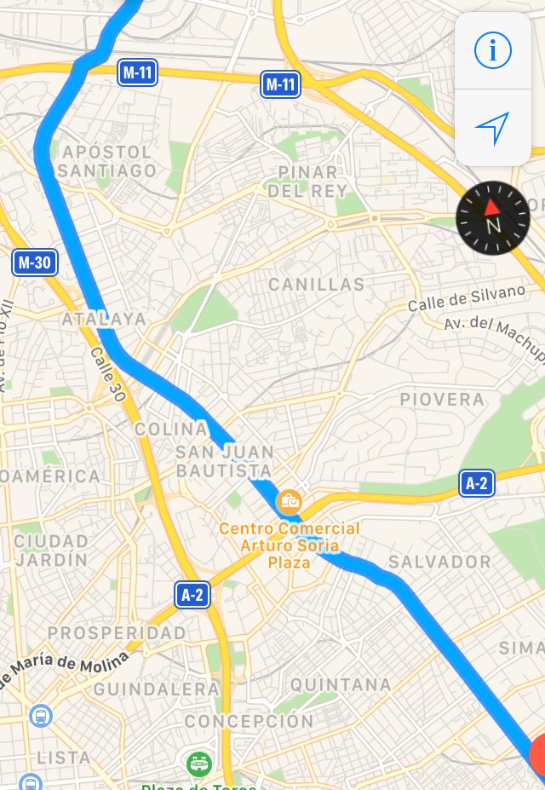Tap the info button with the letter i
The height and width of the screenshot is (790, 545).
point(492,51)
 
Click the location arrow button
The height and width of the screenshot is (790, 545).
point(492,128)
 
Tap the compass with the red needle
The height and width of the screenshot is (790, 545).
point(492,218)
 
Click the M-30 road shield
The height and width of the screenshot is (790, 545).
point(35,262)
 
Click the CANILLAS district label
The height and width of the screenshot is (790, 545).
point(316,285)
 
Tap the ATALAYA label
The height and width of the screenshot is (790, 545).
point(104,320)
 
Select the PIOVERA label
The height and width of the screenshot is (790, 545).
point(442,399)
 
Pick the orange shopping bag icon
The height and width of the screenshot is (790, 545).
point(290,501)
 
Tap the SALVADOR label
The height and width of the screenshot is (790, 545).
point(439,562)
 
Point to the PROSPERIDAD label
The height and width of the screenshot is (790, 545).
point(117,632)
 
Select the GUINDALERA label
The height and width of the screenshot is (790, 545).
point(157,689)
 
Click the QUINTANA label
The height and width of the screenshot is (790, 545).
point(341,684)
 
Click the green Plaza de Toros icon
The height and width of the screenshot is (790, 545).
point(199,761)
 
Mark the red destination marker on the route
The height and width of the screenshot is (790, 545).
point(538,756)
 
